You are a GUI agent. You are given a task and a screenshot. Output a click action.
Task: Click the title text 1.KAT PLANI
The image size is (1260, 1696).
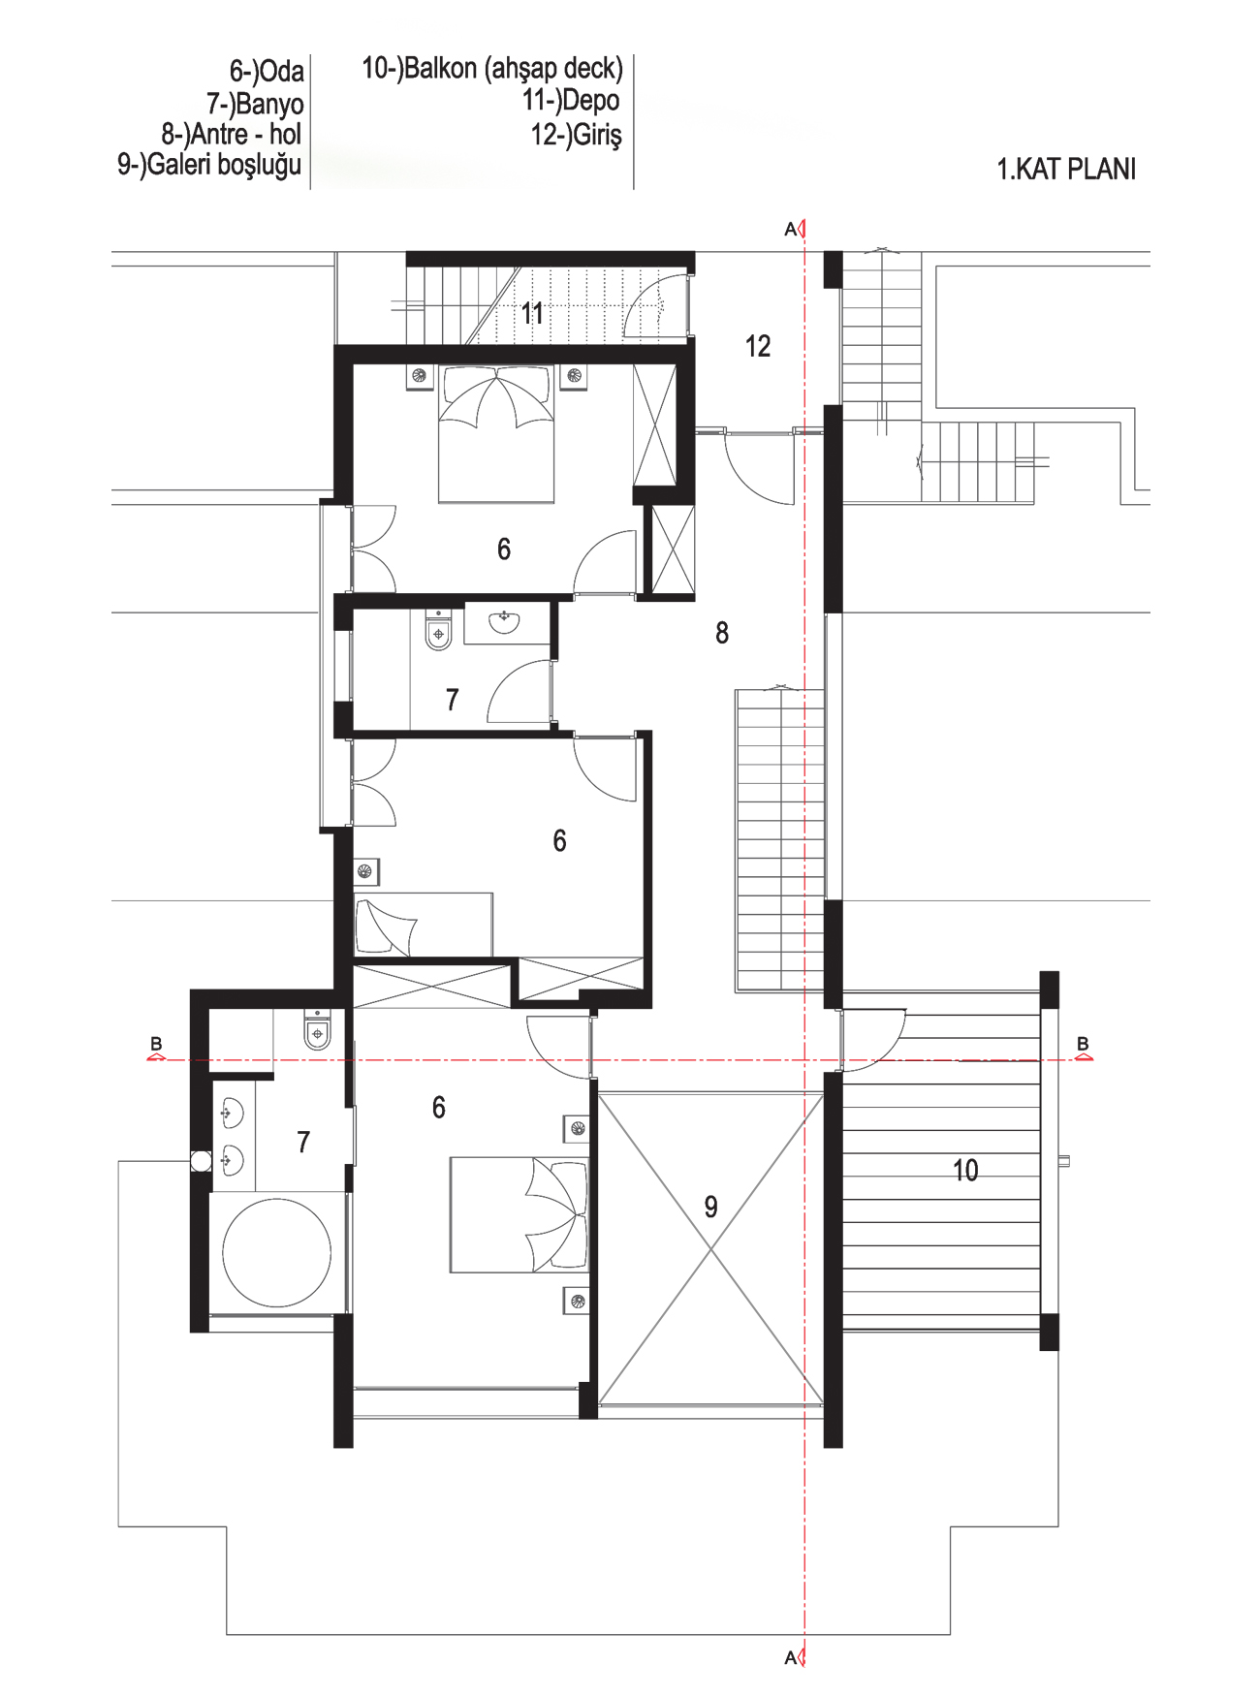1066,170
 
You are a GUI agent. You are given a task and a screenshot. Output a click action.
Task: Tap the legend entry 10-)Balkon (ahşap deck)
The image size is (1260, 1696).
492,69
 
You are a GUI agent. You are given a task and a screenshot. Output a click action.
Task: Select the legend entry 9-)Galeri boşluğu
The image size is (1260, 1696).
209,165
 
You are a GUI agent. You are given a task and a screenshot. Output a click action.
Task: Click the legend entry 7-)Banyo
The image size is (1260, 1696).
255,104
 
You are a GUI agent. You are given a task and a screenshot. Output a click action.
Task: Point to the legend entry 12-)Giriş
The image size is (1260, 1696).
576,134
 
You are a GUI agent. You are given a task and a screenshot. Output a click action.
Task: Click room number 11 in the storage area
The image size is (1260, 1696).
532,313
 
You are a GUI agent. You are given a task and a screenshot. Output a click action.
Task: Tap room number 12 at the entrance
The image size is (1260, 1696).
758,346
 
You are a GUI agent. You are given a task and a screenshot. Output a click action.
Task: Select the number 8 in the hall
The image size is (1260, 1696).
722,633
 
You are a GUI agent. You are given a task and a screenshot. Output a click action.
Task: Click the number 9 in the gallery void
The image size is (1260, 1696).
710,1207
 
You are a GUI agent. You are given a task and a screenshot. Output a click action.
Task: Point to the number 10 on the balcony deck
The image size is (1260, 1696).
965,1170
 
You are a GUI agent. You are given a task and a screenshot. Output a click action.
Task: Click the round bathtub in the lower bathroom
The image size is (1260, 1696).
277,1252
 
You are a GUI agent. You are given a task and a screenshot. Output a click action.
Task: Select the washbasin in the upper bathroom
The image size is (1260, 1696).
504,622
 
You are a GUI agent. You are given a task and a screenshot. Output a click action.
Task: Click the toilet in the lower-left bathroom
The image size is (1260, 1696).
318,1029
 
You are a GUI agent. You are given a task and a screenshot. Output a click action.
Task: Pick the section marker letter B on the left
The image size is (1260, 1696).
156,1044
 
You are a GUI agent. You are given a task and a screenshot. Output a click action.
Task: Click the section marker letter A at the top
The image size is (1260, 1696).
790,230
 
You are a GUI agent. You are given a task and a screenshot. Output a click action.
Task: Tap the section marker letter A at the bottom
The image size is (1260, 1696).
790,1658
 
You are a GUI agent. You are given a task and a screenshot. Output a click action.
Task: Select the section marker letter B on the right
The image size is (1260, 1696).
1083,1044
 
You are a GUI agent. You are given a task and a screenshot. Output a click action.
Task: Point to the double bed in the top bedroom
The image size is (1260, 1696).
496,433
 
